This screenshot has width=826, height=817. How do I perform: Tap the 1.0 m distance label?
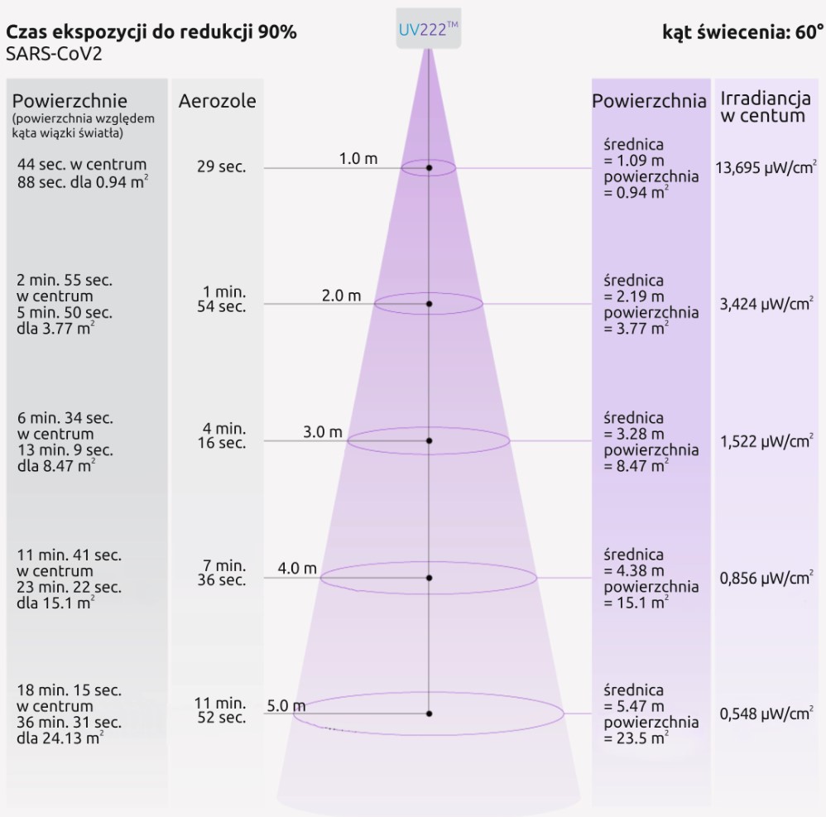[x=358, y=159]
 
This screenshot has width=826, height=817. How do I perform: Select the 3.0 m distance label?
[x=322, y=432]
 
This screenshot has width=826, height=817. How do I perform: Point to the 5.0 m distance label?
[x=286, y=706]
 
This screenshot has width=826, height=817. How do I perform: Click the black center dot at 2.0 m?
[x=429, y=304]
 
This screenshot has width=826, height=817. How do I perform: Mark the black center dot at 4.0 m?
[x=429, y=577]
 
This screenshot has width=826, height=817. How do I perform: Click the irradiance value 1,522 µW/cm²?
[x=766, y=441]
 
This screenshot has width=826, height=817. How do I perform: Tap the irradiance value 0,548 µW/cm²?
[x=766, y=714]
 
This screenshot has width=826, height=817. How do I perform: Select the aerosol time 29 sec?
[x=221, y=167]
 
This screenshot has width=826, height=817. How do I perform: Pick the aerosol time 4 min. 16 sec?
[x=224, y=435]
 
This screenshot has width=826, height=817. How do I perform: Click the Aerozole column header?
[x=217, y=102]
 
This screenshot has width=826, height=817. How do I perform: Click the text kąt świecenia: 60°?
[x=742, y=33]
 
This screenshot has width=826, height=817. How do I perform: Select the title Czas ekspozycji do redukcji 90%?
[x=151, y=32]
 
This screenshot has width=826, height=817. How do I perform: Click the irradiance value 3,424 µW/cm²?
[x=766, y=305]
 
